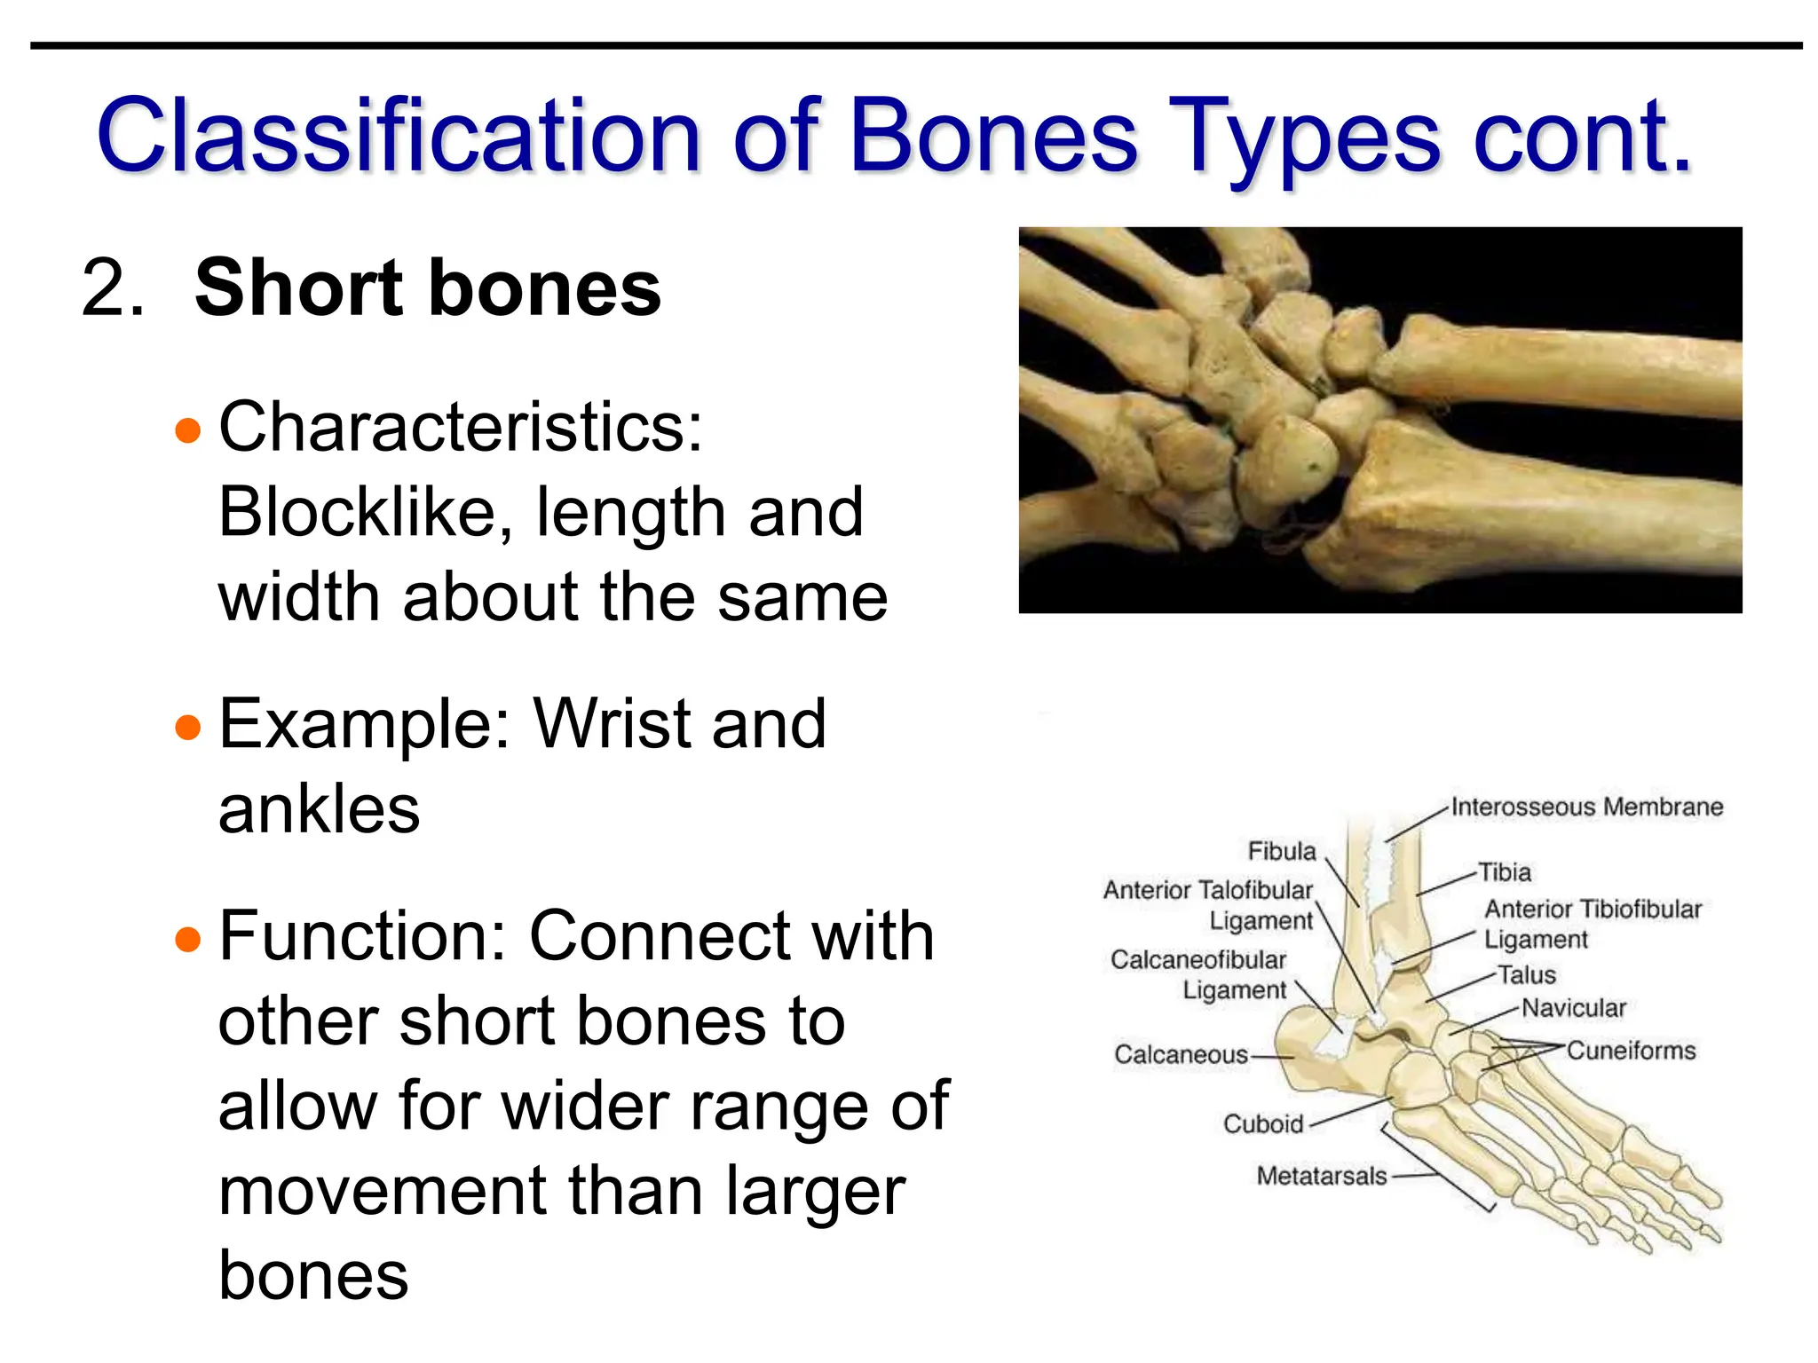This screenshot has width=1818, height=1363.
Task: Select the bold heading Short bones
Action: [x=428, y=288]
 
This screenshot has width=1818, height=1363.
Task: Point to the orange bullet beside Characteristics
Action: [x=188, y=431]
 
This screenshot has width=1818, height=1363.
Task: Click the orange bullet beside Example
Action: [x=188, y=728]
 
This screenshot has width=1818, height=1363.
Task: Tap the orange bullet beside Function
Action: [x=188, y=939]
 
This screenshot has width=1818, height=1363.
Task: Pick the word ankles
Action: [x=319, y=809]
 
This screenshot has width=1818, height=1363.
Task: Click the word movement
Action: [x=383, y=1191]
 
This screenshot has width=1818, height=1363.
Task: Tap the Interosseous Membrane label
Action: [x=1586, y=808]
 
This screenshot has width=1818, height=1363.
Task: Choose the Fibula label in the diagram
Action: [x=1281, y=851]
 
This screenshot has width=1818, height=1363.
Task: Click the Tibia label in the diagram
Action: [x=1505, y=872]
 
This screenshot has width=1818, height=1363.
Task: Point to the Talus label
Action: [x=1527, y=975]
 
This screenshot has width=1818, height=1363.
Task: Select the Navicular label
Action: [x=1574, y=1008]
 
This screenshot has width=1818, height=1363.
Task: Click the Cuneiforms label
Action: [x=1631, y=1051]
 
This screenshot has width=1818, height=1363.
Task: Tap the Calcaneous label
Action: [x=1181, y=1054]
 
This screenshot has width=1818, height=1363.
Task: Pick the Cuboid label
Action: [x=1262, y=1124]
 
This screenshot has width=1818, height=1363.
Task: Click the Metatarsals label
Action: [x=1321, y=1177]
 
